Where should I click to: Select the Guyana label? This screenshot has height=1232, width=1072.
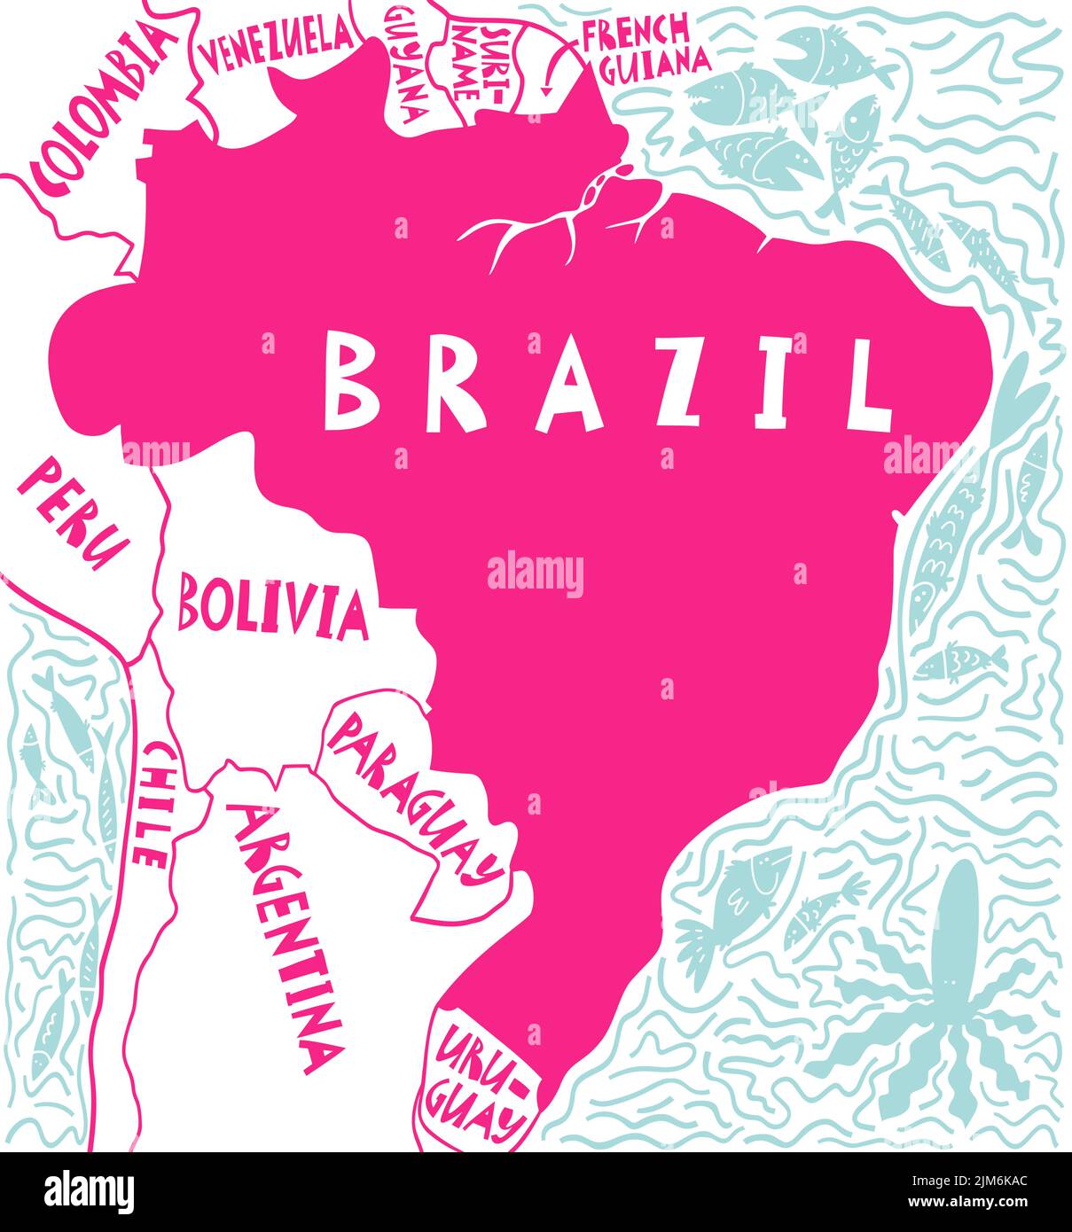[x=406, y=66]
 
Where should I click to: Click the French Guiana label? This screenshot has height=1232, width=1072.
[x=646, y=44]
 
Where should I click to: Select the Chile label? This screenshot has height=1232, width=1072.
[x=152, y=804]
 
